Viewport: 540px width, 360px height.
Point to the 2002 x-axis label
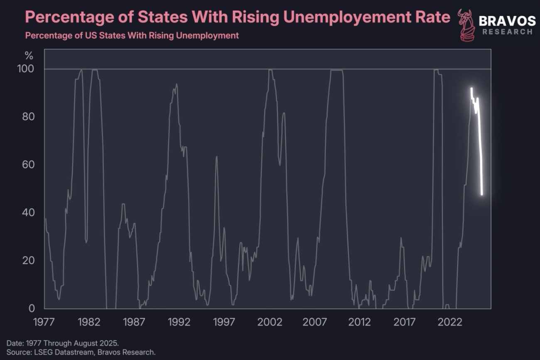270,322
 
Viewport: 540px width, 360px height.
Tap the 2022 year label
450,322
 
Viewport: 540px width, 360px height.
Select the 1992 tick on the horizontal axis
179,322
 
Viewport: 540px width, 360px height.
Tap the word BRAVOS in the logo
507,20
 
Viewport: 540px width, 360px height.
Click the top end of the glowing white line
471,89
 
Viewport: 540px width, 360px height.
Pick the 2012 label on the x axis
360,322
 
